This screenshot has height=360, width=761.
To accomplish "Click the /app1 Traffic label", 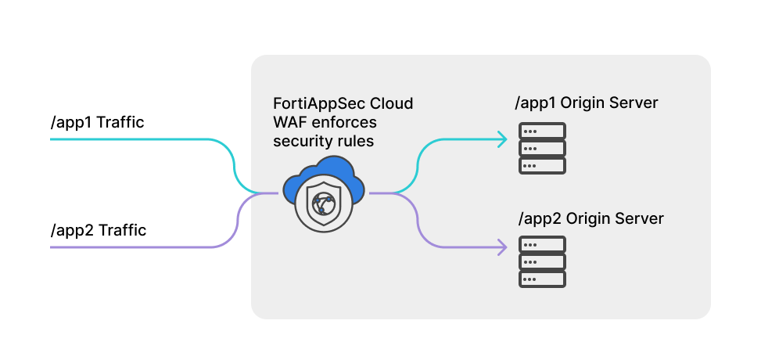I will coord(97,123).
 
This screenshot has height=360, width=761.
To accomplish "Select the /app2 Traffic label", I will coord(98,231).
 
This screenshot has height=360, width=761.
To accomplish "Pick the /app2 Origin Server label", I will coord(591,218).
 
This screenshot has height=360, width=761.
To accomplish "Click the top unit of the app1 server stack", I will coord(542,130).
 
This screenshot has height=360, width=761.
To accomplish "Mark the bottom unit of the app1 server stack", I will coord(542,165).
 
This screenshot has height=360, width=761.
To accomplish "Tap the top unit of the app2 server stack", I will coord(542,244).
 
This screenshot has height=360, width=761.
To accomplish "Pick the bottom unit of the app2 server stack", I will coord(542,279).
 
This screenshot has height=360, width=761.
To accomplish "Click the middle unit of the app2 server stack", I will coord(542,261).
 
